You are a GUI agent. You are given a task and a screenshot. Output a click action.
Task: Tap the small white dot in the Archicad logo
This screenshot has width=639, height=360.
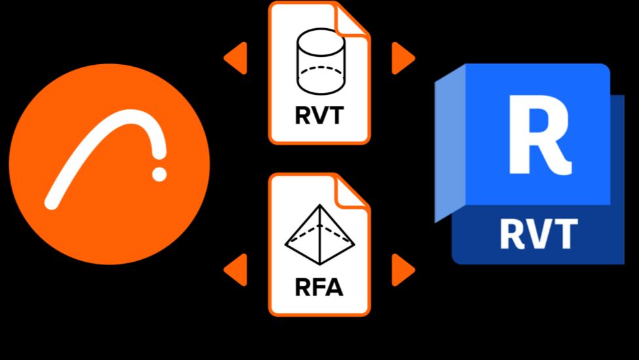[159, 173]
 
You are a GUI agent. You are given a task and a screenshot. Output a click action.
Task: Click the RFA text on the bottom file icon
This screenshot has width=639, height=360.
[319, 287]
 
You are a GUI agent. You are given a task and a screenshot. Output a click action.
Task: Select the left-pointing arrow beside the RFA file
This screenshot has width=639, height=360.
[236, 269]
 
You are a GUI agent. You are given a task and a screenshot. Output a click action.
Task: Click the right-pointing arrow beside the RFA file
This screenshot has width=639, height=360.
[402, 269]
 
